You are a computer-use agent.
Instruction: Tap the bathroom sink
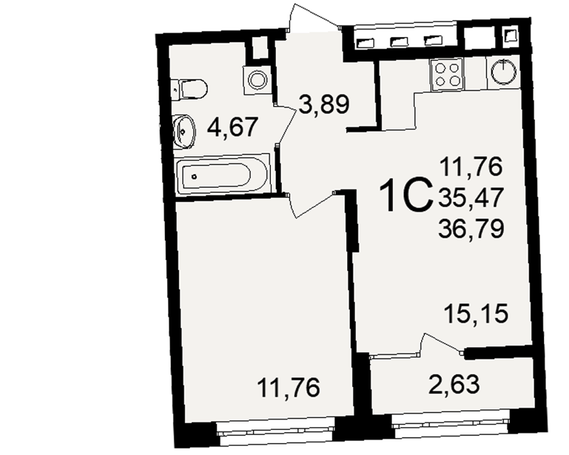coord(184,132)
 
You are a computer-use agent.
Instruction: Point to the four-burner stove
coord(447,75)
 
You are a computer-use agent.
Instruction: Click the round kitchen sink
coord(504,71)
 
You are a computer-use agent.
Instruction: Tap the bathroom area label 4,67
coord(233,127)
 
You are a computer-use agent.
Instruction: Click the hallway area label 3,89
coord(324,104)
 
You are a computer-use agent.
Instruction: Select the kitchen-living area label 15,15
coord(476,314)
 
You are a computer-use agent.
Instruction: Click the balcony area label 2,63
coord(454,384)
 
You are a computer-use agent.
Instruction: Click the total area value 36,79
coord(471,229)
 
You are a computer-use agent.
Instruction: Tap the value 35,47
coord(471,198)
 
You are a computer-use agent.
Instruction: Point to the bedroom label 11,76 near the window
coord(289,387)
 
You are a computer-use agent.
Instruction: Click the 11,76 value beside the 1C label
coord(471,166)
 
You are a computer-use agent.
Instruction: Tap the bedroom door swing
coord(309,205)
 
